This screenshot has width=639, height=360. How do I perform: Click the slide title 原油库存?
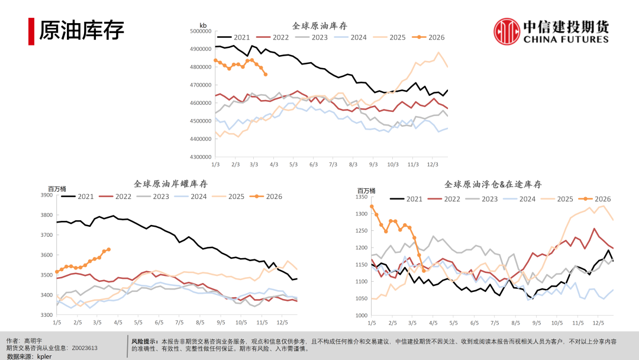pos(82,31)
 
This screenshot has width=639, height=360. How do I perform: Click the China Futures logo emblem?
pos(507,31)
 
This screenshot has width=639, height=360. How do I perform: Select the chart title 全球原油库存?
pos(319,26)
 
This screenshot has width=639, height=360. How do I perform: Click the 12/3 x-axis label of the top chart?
pos(433,164)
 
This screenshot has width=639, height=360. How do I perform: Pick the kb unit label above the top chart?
pos(203,25)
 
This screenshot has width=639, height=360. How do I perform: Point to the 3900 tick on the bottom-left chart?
pos(47,195)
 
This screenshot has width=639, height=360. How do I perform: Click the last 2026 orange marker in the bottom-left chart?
pos(109,249)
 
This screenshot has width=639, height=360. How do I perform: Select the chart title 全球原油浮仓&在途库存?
pos(493,185)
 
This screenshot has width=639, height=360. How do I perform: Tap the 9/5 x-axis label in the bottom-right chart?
pos(536,323)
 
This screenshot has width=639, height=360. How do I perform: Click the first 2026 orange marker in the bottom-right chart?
pos(372,207)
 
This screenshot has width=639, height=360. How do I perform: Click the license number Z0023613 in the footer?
pos(85,349)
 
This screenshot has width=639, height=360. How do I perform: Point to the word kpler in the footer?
pos(44,356)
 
